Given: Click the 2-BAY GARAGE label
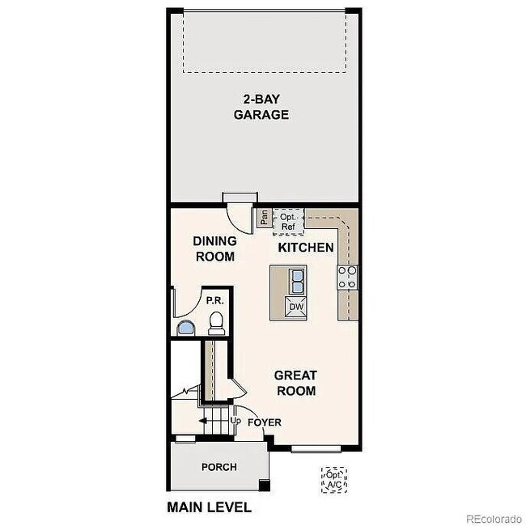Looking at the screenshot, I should pyautogui.click(x=261, y=107).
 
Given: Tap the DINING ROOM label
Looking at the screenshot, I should pyautogui.click(x=214, y=248).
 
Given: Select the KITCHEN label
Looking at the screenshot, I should pyautogui.click(x=305, y=247).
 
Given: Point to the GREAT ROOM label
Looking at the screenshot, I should pyautogui.click(x=295, y=383).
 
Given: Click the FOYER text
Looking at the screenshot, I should pyautogui.click(x=265, y=422).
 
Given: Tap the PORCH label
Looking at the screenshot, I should pyautogui.click(x=219, y=467).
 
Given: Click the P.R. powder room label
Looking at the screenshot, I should pyautogui.click(x=214, y=300).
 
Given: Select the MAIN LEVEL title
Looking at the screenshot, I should pyautogui.click(x=209, y=508).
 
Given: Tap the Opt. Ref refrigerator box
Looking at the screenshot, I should pyautogui.click(x=288, y=221).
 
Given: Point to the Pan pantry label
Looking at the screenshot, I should pyautogui.click(x=264, y=218).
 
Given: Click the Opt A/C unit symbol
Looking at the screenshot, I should pyautogui.click(x=334, y=480).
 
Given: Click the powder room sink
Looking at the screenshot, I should pyautogui.click(x=187, y=328).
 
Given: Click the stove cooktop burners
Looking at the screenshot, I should pyautogui.click(x=347, y=278).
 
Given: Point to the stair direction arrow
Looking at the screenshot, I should pyautogui.click(x=203, y=421).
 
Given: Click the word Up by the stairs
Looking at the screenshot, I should pyautogui.click(x=235, y=422).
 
